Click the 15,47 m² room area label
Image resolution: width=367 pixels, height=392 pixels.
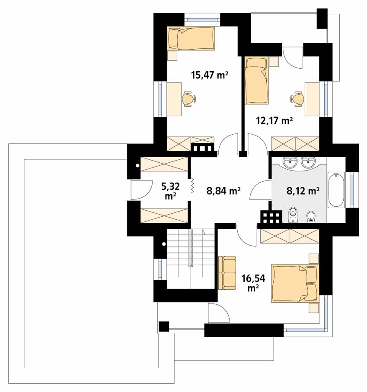210,75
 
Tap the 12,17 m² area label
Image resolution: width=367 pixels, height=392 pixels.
274,121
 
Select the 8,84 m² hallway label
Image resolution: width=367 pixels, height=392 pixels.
223,191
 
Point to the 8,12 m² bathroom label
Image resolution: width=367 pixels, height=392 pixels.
303,191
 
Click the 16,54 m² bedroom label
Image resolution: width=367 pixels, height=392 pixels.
253,283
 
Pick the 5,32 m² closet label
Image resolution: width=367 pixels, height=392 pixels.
170,191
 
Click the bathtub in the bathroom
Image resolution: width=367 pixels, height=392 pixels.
336,190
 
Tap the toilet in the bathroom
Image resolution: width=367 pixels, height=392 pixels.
293,215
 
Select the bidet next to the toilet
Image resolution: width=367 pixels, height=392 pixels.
311,216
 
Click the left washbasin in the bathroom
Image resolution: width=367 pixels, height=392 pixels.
290,162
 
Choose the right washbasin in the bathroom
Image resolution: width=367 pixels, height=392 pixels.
308,162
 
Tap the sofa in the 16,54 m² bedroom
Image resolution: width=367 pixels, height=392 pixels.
227,273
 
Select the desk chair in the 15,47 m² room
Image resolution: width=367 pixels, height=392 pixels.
189,99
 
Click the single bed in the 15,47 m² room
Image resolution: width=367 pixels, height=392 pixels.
191,38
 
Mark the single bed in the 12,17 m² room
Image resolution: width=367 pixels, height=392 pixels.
257,80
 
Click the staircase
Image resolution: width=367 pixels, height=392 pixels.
191,259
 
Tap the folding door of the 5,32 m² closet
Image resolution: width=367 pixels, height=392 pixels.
192,185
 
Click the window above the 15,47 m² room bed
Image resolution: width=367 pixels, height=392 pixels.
202,19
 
